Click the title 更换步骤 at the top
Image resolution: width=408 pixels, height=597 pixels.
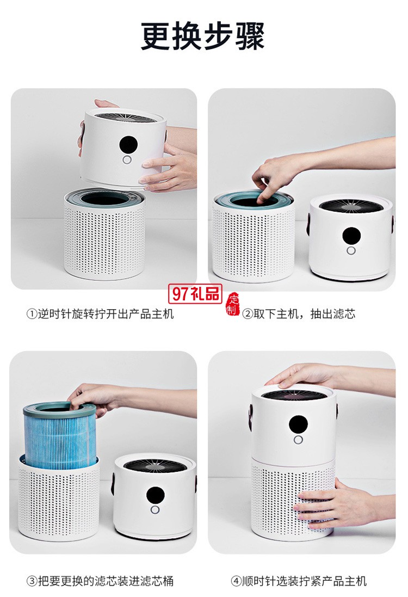[203, 37]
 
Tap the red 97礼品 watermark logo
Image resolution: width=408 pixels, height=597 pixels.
[196, 294]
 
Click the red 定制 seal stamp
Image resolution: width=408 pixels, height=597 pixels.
[233, 305]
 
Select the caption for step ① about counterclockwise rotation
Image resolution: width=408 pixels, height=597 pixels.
[100, 314]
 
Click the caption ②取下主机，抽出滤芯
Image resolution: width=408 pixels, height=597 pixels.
[299, 314]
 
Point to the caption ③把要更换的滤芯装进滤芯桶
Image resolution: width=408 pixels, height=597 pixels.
[100, 581]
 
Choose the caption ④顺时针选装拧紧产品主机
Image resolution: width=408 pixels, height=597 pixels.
[299, 581]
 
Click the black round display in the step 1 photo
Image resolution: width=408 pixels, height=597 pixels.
[128, 144]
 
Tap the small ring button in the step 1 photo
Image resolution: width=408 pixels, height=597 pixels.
[127, 160]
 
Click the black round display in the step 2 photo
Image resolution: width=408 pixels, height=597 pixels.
[351, 236]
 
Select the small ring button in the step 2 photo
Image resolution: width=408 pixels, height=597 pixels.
[351, 251]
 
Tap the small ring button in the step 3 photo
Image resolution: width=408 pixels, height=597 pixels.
[155, 510]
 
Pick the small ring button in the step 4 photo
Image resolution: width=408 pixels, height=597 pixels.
[298, 440]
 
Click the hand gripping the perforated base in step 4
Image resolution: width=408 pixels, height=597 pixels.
[332, 505]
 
